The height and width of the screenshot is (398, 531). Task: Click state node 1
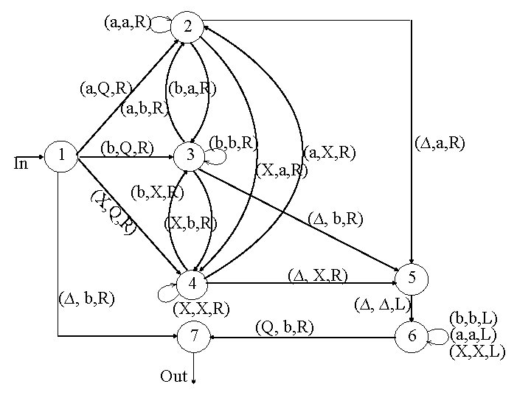pos(64,155)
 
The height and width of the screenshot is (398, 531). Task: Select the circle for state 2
pos(189,27)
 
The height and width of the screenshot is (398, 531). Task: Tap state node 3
pos(190,156)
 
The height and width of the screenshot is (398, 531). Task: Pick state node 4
pos(192,284)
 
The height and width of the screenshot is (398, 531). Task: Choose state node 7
pos(193,337)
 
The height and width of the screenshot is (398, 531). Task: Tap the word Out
pos(173,377)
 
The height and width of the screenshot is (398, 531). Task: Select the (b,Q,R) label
pos(127,150)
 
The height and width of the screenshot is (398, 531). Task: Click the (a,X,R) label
pos(330,153)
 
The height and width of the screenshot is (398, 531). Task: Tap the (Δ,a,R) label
pos(440,142)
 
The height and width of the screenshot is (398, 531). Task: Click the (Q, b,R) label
pos(284,325)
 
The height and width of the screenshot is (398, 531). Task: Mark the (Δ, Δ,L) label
pos(382,303)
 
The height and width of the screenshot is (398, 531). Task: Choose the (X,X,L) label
pos(477,352)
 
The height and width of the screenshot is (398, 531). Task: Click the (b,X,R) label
pos(157,194)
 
